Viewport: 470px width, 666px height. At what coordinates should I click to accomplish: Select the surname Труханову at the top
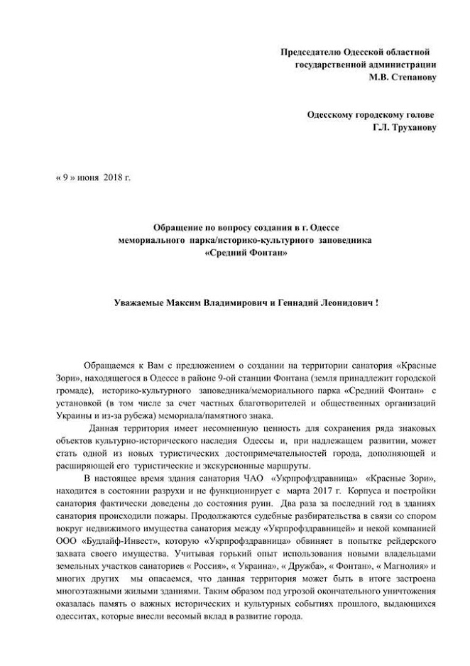coord(410,128)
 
